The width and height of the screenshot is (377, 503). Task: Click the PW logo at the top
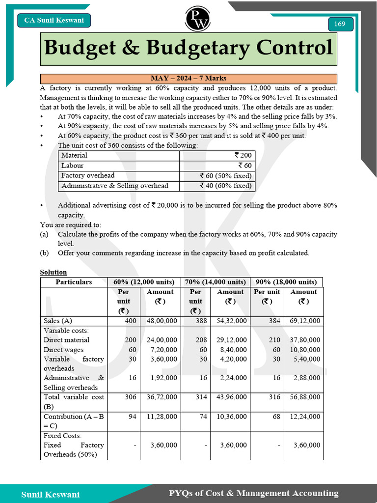[197, 18]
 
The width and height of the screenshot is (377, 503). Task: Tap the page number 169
[340, 24]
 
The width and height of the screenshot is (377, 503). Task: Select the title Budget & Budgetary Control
[188, 48]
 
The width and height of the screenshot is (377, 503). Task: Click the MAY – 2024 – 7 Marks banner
[188, 79]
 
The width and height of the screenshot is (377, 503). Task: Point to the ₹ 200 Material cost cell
[243, 155]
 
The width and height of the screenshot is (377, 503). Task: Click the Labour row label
[72, 166]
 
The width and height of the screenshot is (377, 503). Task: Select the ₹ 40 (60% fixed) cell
[226, 186]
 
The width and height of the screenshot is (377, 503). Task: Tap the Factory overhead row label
[88, 175]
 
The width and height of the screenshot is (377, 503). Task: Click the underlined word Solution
[53, 272]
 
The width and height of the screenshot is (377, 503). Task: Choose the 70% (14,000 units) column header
[215, 282]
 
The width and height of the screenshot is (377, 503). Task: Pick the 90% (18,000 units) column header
[286, 282]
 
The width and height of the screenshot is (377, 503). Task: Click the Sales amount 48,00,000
[162, 321]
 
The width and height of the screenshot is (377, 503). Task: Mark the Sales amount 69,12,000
[304, 321]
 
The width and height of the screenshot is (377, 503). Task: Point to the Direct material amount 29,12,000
[232, 340]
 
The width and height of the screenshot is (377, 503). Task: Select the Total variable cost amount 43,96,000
[232, 397]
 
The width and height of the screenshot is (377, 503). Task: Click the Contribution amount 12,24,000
[304, 416]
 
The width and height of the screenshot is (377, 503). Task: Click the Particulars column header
[74, 282]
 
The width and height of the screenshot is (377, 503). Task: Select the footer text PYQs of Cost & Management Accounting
[253, 493]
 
